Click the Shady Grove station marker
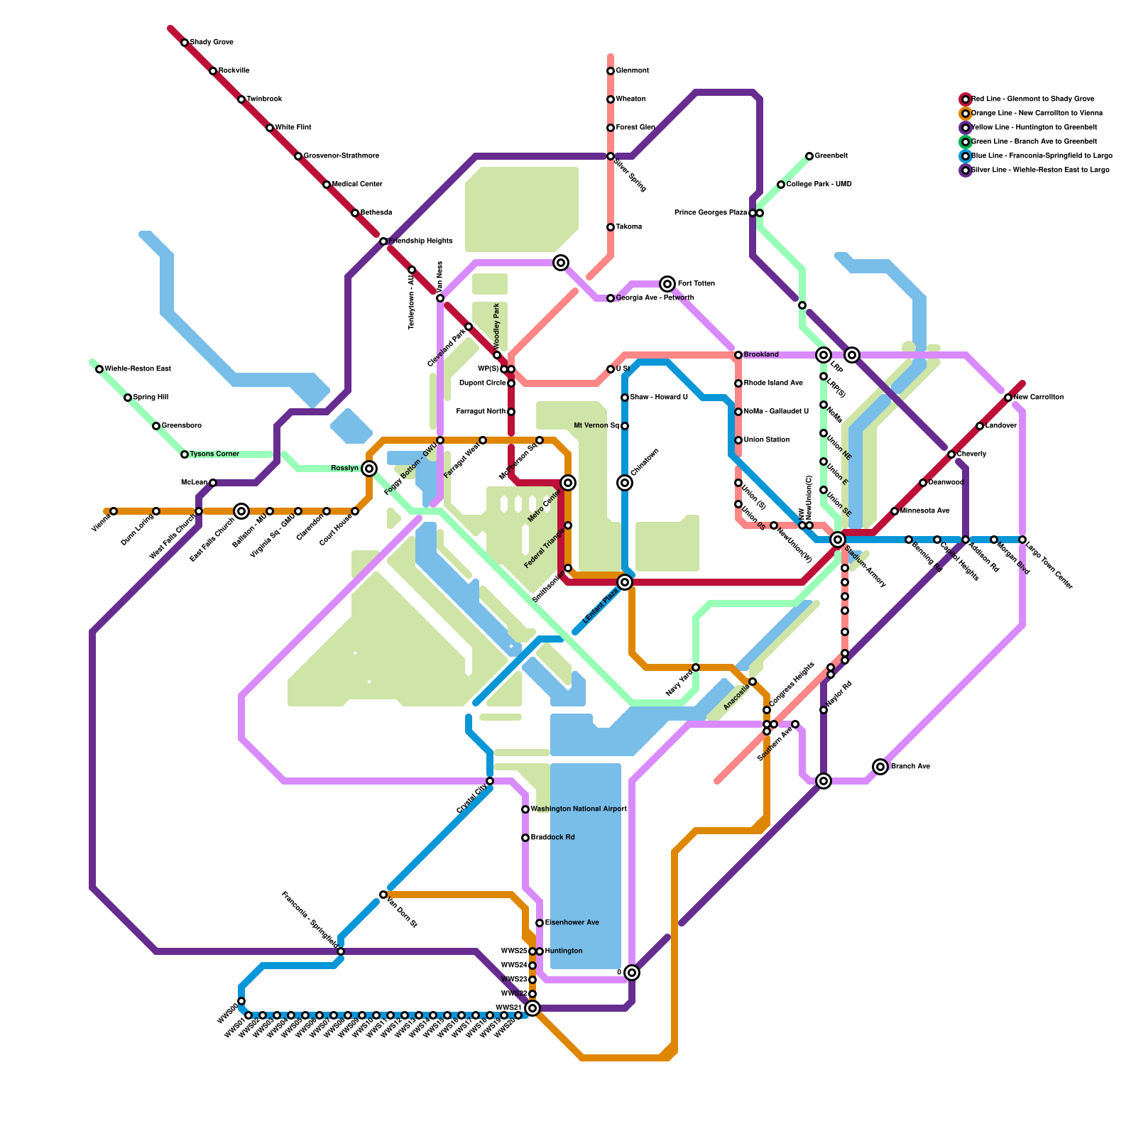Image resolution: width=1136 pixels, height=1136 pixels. coord(185,43)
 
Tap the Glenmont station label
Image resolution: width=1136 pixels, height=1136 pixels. coord(632,71)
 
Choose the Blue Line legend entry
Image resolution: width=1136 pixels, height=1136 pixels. coord(1041,156)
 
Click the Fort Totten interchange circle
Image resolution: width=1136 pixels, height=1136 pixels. coord(667,284)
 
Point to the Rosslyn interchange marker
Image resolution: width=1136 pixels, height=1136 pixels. coord(369,469)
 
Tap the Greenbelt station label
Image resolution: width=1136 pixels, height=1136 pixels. coord(831,156)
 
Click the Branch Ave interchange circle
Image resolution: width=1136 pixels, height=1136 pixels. coord(880,767)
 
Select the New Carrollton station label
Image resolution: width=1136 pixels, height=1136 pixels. coord(1039,398)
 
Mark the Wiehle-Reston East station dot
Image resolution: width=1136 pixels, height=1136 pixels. coord(99,369)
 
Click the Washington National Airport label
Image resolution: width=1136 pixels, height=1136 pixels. coord(579,809)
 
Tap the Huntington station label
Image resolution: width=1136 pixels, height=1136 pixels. coord(564,951)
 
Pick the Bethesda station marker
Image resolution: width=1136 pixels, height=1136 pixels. coord(355,213)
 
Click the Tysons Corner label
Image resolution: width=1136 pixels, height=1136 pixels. coord(214,454)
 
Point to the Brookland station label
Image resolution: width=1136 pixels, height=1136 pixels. coord(761,355)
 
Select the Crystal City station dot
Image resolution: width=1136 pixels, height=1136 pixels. coord(490,781)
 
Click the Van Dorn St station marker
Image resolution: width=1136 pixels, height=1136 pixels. coord(383,895)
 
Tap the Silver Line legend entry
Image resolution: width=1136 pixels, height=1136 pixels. coord(1039,170)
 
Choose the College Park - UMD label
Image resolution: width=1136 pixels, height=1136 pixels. coord(819,185)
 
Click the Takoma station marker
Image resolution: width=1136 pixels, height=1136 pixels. coord(611,227)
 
